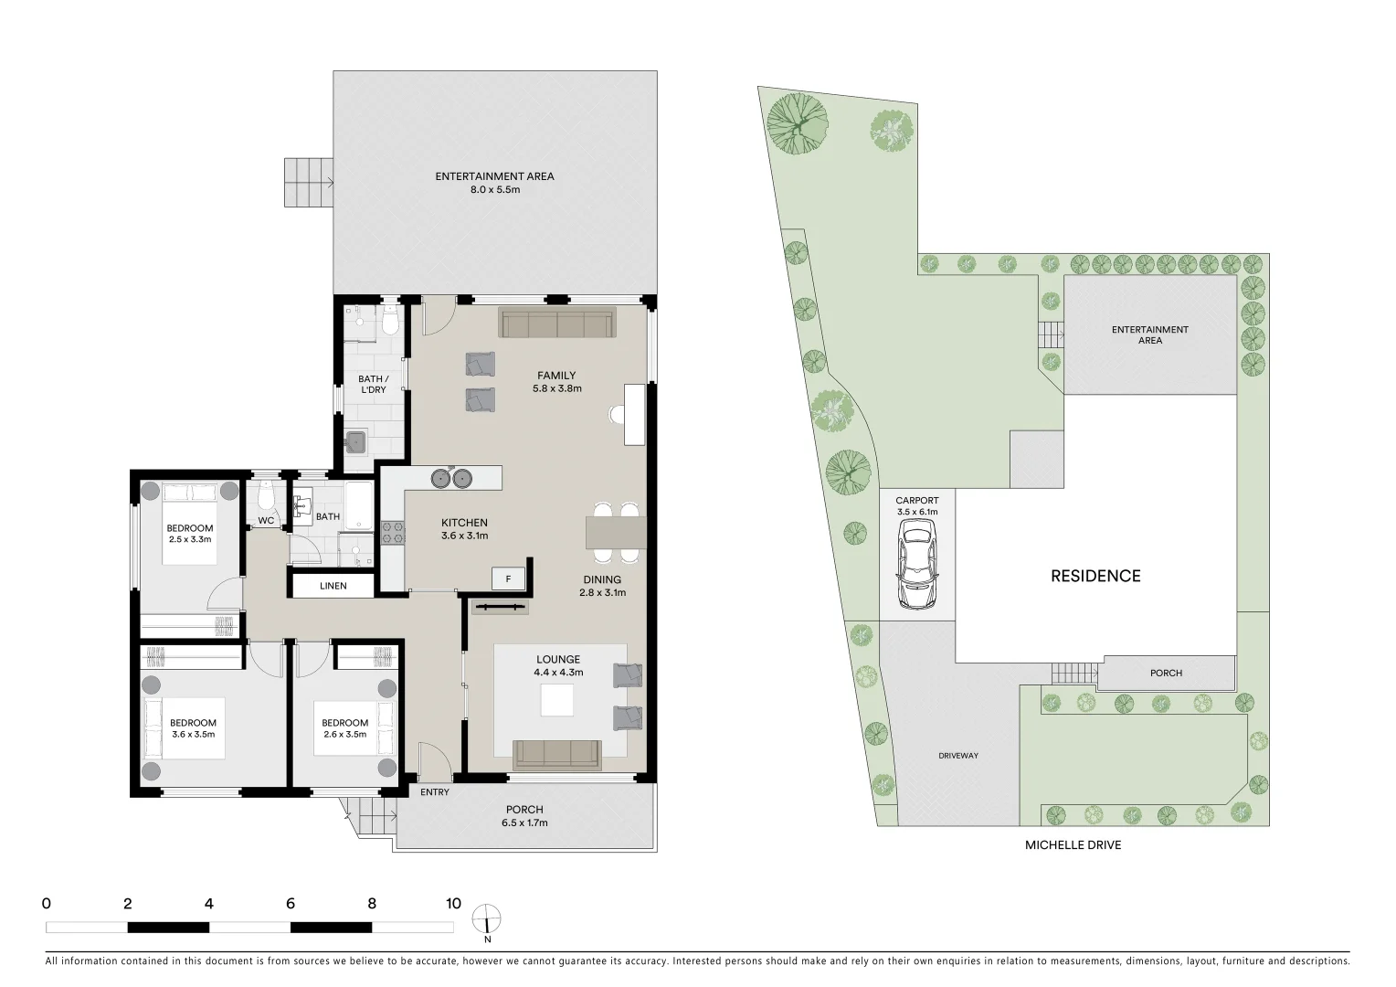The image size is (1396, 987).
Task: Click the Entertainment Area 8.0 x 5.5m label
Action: click(x=494, y=183)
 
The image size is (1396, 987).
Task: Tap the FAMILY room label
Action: click(x=556, y=381)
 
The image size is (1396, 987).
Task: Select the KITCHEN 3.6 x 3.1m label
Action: click(x=464, y=529)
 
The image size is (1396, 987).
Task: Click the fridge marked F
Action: click(x=508, y=578)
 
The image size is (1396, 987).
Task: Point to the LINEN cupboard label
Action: click(x=333, y=586)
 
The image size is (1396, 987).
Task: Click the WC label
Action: click(x=266, y=520)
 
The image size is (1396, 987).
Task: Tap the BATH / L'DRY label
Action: click(x=373, y=384)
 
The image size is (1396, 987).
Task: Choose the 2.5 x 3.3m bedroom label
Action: click(x=190, y=534)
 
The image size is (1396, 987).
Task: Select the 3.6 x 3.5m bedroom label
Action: click(x=193, y=728)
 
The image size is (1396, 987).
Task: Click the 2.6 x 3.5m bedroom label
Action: click(x=344, y=728)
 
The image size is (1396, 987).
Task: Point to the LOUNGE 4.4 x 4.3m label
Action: click(x=558, y=665)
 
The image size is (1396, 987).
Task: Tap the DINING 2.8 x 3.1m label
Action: click(x=602, y=586)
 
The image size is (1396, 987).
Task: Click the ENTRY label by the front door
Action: click(x=435, y=792)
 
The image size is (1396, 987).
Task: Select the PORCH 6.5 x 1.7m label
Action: click(x=524, y=815)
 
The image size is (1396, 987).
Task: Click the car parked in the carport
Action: click(x=916, y=572)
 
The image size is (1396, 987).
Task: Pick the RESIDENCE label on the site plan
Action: click(x=1095, y=576)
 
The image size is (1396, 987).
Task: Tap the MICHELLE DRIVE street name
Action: click(x=1073, y=845)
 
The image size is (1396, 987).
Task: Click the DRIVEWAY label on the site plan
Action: click(x=958, y=756)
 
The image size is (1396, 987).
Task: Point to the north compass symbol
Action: click(x=487, y=919)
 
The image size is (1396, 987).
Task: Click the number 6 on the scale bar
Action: click(x=291, y=904)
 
